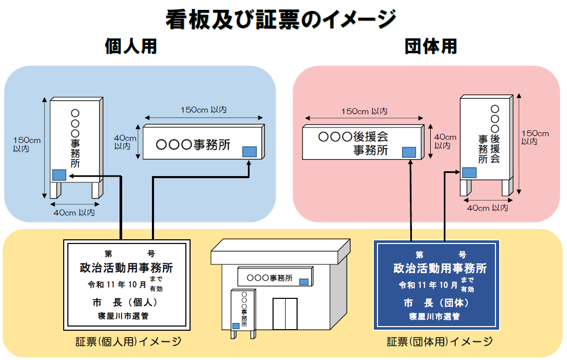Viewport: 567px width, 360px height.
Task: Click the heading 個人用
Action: tap(131, 47)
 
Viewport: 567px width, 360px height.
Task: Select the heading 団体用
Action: tap(431, 47)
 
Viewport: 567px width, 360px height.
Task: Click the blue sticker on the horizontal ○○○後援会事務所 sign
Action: tap(409, 152)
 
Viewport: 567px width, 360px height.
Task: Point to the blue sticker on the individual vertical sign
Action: tap(59, 175)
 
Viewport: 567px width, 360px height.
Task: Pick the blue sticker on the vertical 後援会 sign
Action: tap(469, 172)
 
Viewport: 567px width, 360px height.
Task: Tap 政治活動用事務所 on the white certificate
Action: tap(126, 268)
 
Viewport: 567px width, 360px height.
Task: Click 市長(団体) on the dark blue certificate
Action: tap(436, 303)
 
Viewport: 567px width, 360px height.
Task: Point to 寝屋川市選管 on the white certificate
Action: tap(126, 316)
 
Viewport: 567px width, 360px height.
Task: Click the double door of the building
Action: tap(285, 313)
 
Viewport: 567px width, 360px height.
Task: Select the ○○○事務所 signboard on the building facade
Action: tap(274, 277)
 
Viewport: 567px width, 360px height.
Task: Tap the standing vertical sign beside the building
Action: tap(243, 309)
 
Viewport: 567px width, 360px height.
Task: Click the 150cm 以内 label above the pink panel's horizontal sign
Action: tap(364, 111)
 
